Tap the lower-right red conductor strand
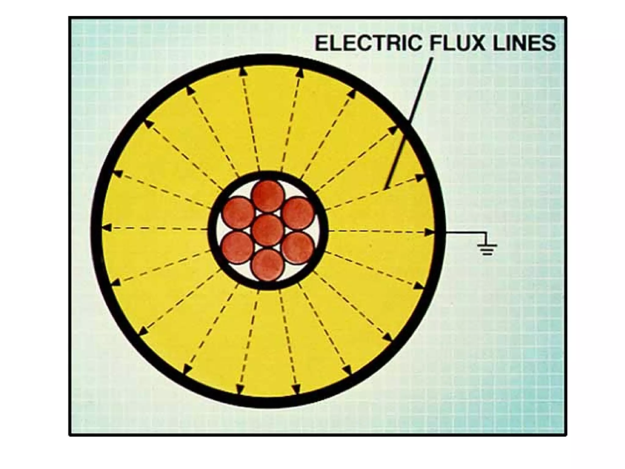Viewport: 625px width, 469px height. pyautogui.click(x=298, y=248)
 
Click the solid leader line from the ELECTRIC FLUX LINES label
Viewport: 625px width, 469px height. pyautogui.click(x=409, y=124)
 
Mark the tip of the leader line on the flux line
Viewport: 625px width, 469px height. pyautogui.click(x=385, y=189)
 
